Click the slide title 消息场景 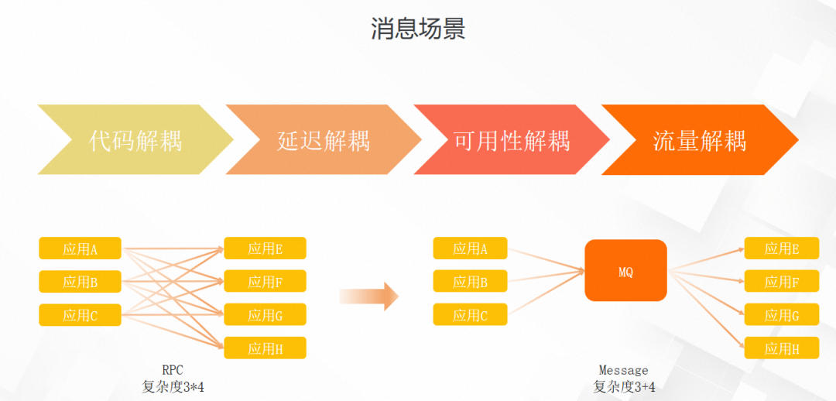[x=418, y=29]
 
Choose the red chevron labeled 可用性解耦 [x=512, y=140]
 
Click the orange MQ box [x=625, y=270]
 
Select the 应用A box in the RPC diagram [x=81, y=248]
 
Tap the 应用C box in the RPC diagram [x=81, y=315]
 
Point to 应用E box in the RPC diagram [x=265, y=248]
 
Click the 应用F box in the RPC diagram [x=265, y=281]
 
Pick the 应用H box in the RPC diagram [x=265, y=348]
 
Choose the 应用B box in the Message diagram [x=471, y=282]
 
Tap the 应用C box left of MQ [x=471, y=315]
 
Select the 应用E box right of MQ [x=782, y=248]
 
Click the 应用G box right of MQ [x=782, y=315]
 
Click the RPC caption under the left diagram [x=173, y=370]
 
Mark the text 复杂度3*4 [x=173, y=386]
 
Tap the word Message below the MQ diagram [x=624, y=370]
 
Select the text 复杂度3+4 [x=624, y=386]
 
